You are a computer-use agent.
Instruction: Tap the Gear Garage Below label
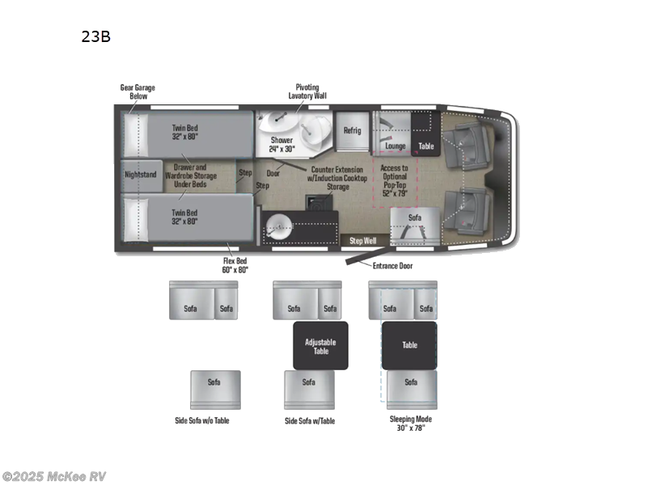(137, 91)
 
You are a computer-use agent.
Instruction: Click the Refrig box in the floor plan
(352, 130)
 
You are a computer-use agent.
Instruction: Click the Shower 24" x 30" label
(281, 144)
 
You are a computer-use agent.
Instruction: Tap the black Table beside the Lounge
(425, 146)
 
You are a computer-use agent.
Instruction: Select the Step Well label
(362, 240)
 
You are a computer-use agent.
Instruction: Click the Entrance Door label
(393, 265)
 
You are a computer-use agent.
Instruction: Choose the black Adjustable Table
(320, 346)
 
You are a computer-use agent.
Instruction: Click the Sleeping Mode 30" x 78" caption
(411, 424)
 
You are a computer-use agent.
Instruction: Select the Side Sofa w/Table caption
(310, 421)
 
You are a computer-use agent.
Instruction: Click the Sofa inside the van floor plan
(415, 217)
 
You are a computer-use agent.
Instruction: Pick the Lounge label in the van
(395, 146)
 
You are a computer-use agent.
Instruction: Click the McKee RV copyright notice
(54, 476)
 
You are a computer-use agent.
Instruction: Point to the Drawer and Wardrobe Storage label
(190, 176)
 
